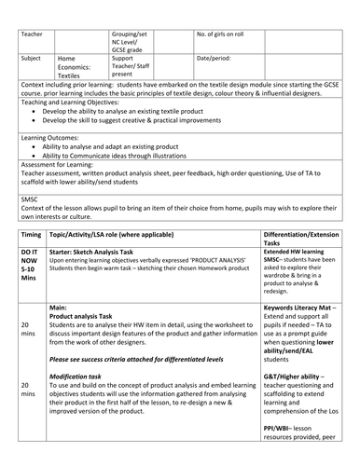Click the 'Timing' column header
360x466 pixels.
pos(31,238)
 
